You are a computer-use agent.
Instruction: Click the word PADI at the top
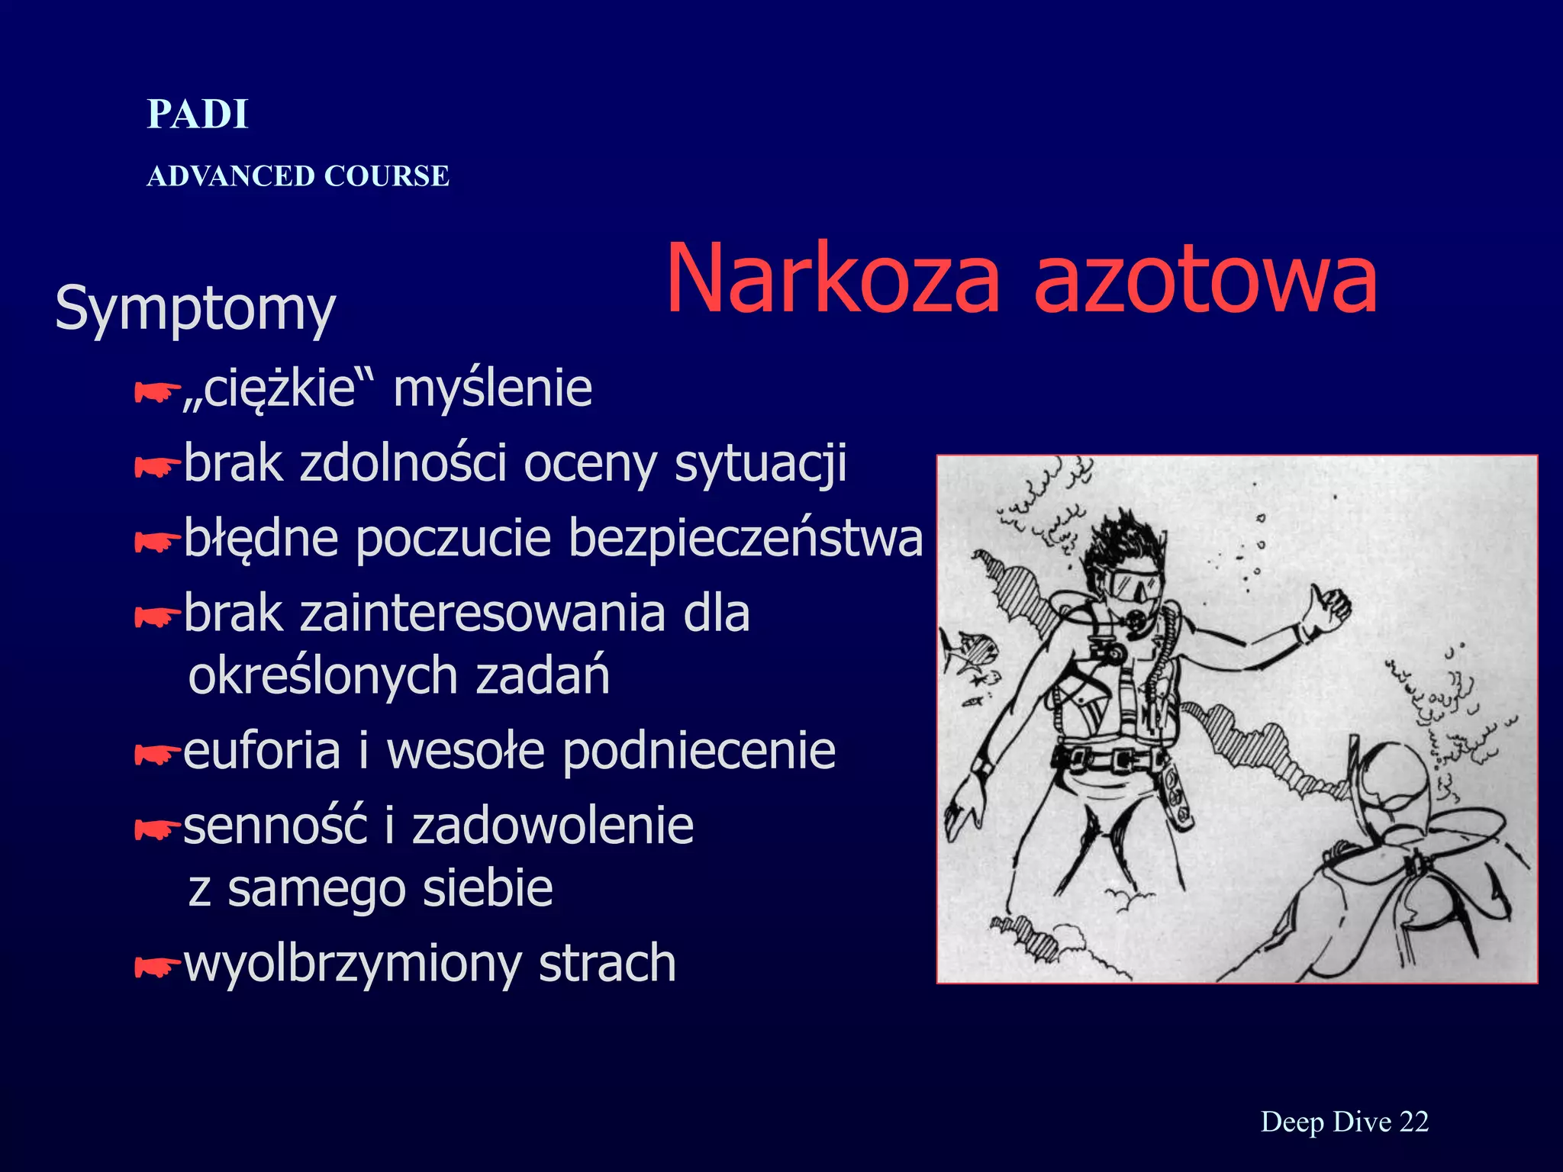click(x=198, y=114)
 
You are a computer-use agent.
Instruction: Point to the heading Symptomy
click(x=195, y=309)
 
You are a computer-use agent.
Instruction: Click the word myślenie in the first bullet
click(x=492, y=388)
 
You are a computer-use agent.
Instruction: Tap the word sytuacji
click(x=760, y=463)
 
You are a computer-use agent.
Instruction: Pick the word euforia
click(x=262, y=751)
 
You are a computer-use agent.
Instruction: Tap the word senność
click(x=276, y=826)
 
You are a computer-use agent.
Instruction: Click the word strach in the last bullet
click(x=607, y=963)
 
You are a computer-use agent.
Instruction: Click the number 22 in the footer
click(x=1414, y=1122)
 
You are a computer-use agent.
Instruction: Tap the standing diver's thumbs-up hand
click(x=1329, y=608)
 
